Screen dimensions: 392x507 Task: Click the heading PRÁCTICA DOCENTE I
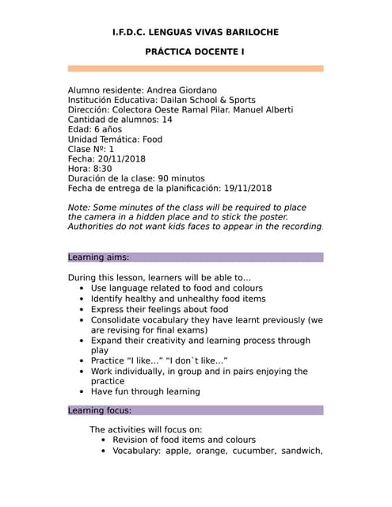[196, 51]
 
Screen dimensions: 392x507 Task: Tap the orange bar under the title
[196, 69]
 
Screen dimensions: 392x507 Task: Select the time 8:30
[102, 169]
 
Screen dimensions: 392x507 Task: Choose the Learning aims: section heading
[98, 257]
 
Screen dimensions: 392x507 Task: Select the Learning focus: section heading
[100, 410]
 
